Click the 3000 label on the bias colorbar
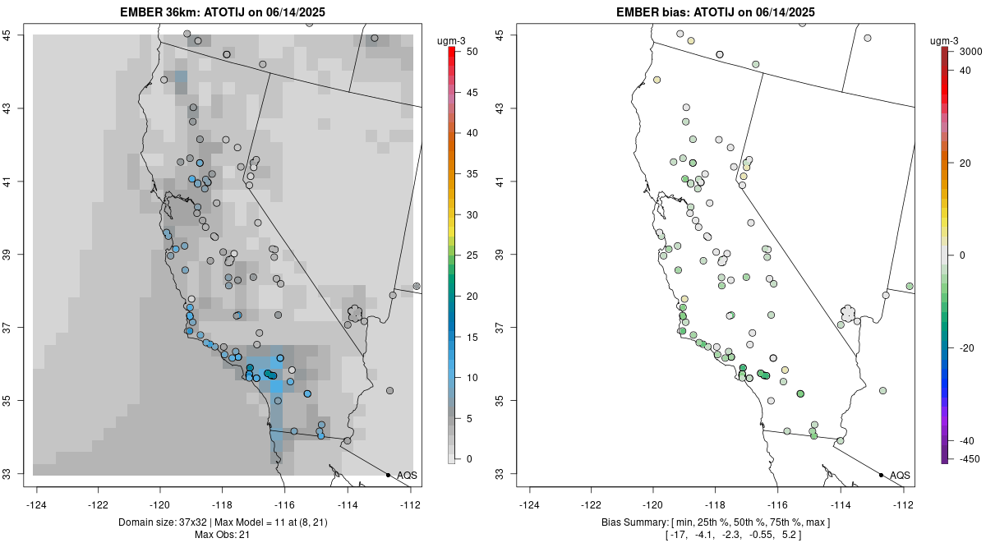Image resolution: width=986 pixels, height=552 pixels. click(x=970, y=52)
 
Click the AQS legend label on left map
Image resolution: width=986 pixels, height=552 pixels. click(x=407, y=476)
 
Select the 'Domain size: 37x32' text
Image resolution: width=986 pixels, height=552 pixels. click(x=146, y=522)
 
